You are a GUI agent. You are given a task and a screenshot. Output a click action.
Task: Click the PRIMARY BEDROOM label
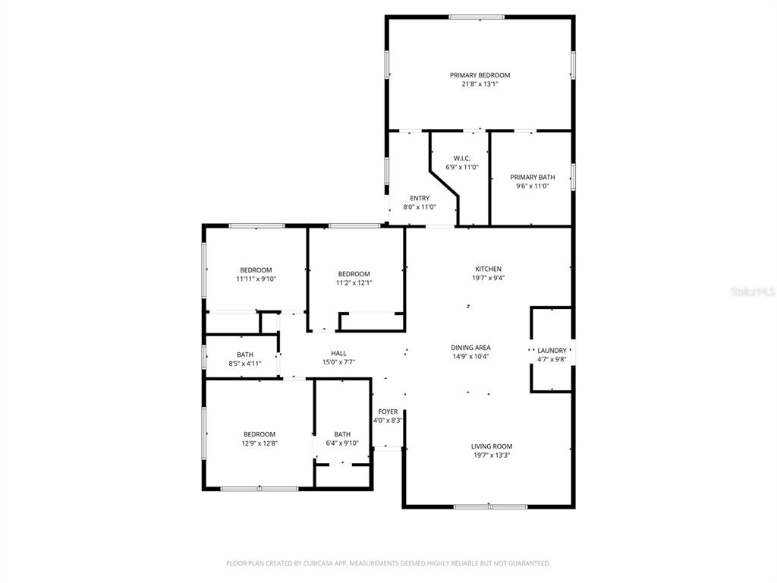click(x=480, y=75)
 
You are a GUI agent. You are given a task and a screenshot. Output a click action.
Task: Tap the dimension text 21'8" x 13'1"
click(x=480, y=84)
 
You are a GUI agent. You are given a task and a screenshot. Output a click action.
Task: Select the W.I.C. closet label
click(x=462, y=158)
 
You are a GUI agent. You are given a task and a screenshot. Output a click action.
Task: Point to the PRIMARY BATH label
click(x=532, y=177)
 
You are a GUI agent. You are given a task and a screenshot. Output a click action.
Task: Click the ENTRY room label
click(x=420, y=198)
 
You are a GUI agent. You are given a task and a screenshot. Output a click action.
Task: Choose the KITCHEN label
click(x=488, y=269)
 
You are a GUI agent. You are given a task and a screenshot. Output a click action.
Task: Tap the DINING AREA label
click(x=471, y=348)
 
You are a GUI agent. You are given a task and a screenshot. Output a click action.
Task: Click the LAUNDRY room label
click(x=552, y=351)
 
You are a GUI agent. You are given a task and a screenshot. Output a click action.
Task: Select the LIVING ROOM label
click(x=491, y=446)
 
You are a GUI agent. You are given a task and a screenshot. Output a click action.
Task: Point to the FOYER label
click(x=388, y=411)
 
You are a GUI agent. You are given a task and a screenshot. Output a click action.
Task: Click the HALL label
click(x=338, y=353)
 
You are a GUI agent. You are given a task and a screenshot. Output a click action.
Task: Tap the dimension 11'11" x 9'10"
click(x=256, y=279)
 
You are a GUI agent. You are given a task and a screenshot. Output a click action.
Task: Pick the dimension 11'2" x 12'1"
click(x=354, y=283)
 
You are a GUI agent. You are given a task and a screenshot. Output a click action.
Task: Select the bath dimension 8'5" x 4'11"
click(x=244, y=364)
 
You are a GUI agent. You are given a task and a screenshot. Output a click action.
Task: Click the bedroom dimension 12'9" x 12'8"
click(x=259, y=443)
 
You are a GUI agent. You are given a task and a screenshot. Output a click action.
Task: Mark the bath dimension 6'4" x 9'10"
click(x=342, y=443)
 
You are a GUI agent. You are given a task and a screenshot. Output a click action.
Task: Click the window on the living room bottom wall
click(x=489, y=506)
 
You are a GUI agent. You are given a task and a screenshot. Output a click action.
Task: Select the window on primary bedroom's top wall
click(x=476, y=17)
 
